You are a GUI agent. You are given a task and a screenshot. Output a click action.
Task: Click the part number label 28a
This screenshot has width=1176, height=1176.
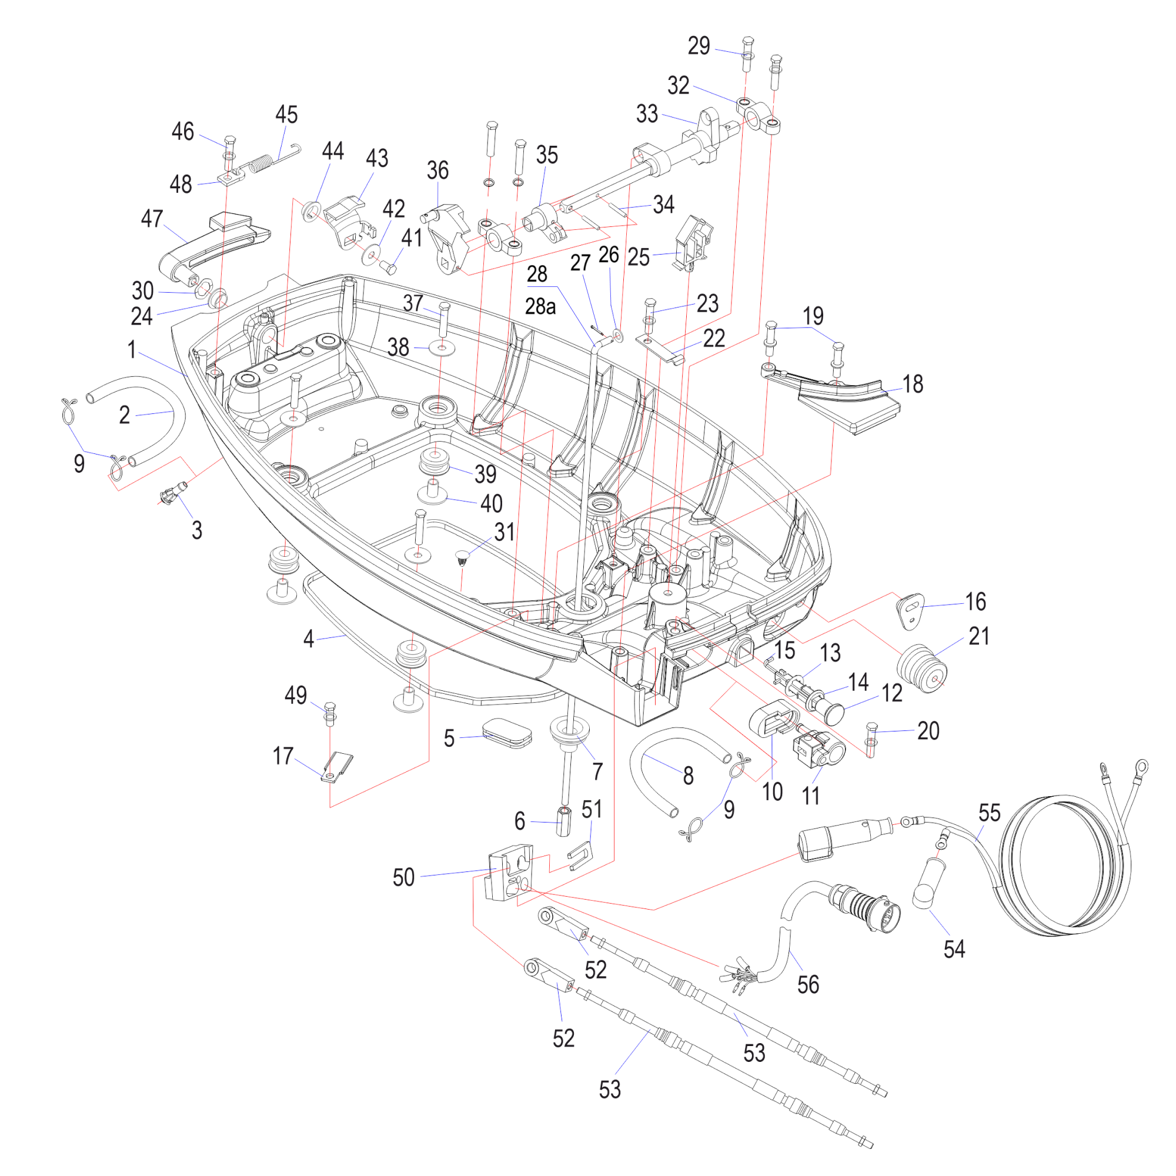540,306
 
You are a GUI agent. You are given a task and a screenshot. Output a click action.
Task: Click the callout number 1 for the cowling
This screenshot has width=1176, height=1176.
132,350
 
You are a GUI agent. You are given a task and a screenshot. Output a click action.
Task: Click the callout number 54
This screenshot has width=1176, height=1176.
954,949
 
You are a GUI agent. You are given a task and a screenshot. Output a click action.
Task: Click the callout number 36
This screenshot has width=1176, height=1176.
437,171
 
